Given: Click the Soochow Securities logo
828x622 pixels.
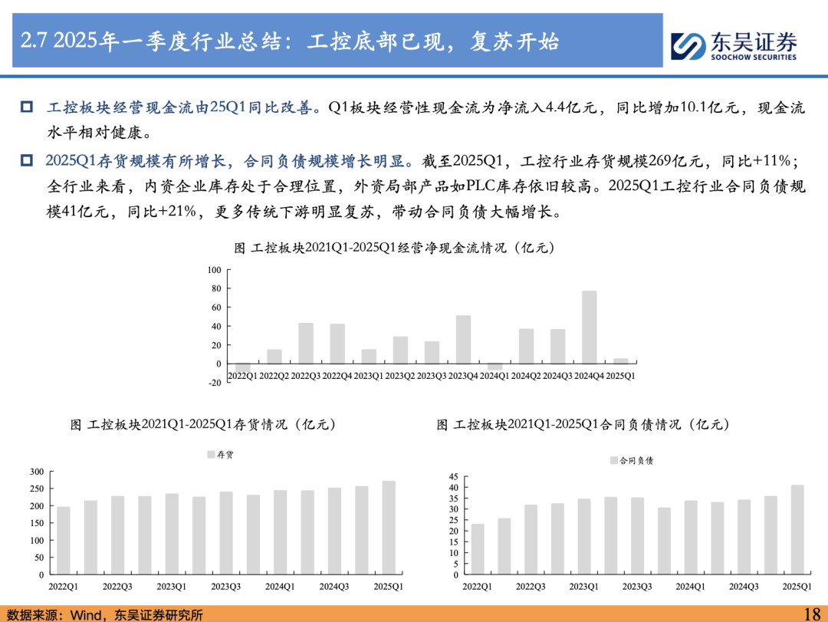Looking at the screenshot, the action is point(734,46).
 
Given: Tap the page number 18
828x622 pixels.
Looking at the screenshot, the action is point(812,614).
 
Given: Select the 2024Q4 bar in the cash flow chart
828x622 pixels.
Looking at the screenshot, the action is point(590,327).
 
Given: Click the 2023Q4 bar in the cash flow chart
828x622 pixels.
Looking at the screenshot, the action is point(463,340).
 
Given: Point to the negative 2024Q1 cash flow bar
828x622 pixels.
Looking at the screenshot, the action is point(495,367).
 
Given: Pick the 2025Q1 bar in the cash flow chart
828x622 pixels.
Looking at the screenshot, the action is point(621,361).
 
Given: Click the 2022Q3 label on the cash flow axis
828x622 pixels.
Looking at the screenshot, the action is point(306,376).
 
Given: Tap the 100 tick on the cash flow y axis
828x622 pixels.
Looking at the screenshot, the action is point(215,270).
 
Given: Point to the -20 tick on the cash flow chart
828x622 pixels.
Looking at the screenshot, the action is point(215,383).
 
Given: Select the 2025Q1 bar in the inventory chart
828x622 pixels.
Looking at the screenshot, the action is point(389,528).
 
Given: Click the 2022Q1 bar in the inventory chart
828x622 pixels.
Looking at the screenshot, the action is point(64,541).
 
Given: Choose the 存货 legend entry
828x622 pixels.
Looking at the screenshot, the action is point(220,455).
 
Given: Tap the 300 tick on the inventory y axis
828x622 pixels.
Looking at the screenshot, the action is point(37,472).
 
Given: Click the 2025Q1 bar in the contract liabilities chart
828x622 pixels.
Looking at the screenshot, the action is point(797,529).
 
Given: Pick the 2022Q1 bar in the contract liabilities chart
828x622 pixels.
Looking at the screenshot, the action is point(478,549).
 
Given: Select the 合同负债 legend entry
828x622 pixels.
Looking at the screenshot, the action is point(632,461).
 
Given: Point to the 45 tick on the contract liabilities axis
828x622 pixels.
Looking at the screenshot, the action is point(454,477).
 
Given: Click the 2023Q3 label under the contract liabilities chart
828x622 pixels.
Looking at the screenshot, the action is point(637,587).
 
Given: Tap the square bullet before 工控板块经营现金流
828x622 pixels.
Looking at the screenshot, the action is point(26,107).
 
